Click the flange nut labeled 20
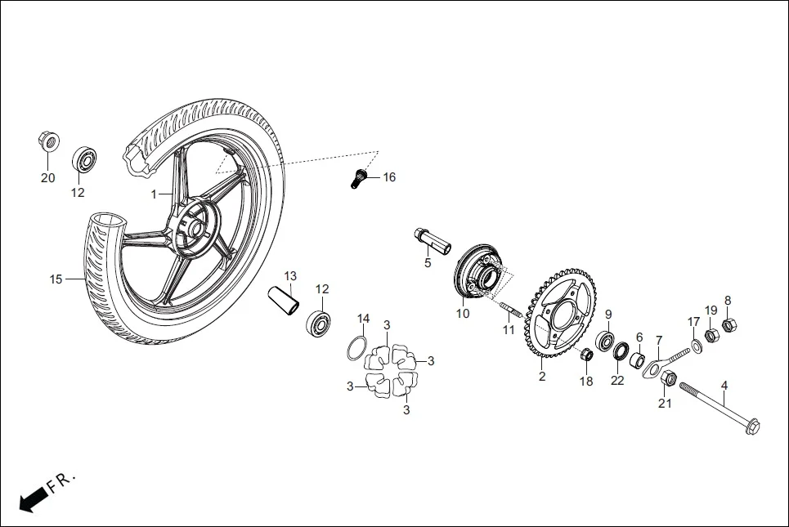click(x=49, y=141)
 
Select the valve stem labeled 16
click(x=357, y=177)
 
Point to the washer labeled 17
click(x=697, y=347)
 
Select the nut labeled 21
click(x=667, y=378)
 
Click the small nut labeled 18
click(x=586, y=355)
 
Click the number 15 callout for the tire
click(x=56, y=279)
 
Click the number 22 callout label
click(x=617, y=381)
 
